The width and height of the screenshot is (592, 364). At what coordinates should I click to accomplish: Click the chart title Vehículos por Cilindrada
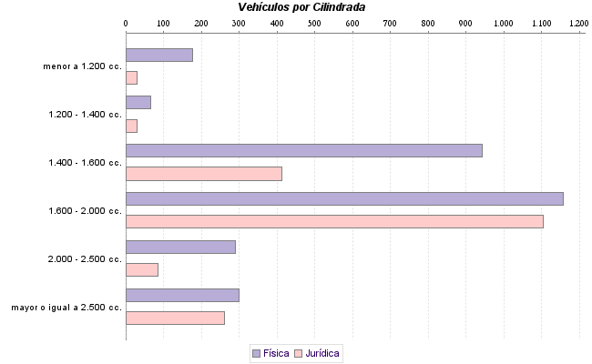tap(301, 7)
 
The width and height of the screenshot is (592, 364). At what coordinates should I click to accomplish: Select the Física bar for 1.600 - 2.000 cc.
tap(344, 198)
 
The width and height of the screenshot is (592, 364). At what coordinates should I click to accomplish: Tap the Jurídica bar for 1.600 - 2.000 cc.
tap(334, 221)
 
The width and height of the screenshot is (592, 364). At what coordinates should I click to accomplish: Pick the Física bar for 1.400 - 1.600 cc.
tap(303, 150)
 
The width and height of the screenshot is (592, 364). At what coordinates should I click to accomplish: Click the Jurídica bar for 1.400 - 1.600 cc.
tap(204, 174)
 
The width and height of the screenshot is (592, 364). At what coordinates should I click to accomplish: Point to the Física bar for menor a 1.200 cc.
tap(159, 55)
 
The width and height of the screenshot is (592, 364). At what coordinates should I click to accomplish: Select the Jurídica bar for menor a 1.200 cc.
tap(131, 77)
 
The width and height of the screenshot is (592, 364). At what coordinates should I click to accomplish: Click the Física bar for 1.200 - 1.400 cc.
tap(138, 102)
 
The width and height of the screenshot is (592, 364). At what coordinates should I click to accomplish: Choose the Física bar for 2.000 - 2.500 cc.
tap(180, 247)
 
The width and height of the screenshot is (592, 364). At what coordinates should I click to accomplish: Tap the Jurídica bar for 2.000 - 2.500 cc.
tap(142, 269)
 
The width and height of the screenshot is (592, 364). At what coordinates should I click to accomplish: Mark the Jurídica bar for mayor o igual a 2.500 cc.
tap(175, 318)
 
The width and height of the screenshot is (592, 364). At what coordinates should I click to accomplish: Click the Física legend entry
tap(270, 352)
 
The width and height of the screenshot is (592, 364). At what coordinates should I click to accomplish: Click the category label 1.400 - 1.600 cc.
tap(86, 163)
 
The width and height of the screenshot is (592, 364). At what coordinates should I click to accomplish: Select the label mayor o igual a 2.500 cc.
tap(66, 308)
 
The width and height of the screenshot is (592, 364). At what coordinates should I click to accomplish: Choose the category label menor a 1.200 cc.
tap(82, 66)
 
